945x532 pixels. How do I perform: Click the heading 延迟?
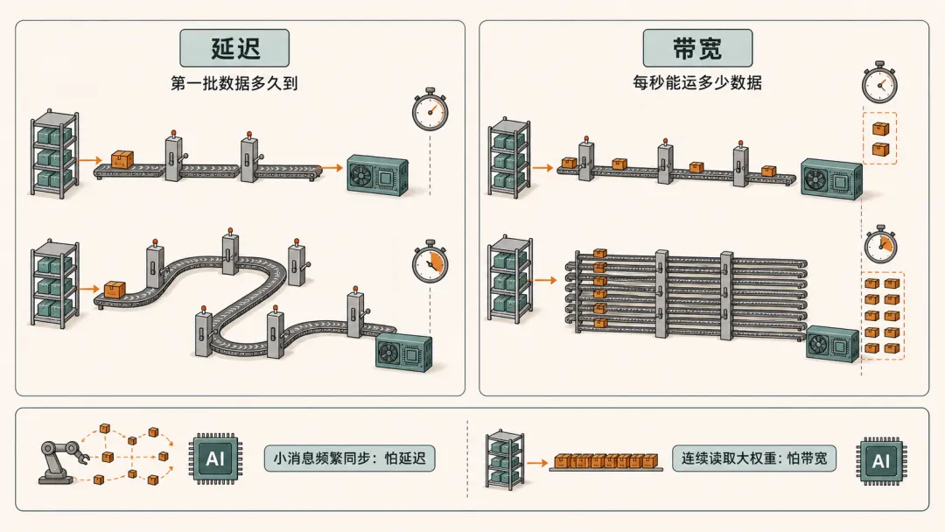[x=235, y=48]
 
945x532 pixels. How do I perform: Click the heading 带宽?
[x=697, y=48]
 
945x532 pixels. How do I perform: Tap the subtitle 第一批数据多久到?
[x=234, y=83]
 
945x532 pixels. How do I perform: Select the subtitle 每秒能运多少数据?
[x=697, y=82]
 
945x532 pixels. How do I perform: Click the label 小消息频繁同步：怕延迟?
[x=349, y=458]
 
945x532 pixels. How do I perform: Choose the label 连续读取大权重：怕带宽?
[x=754, y=458]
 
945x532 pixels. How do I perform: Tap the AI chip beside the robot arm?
[x=215, y=458]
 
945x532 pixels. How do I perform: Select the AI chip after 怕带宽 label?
[x=881, y=461]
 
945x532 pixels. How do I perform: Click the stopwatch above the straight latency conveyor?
[x=430, y=110]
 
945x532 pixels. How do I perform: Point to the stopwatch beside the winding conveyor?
[x=430, y=262]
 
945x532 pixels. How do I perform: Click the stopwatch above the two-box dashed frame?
[x=879, y=82]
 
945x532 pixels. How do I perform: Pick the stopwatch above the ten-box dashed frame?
[x=880, y=245]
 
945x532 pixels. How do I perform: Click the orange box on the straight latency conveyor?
[x=122, y=159]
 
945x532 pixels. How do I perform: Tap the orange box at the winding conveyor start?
[x=115, y=290]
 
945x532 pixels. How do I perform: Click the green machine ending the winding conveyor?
[x=403, y=353]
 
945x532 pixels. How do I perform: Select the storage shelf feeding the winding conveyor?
[x=55, y=283]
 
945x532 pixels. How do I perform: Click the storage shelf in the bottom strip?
[x=505, y=459]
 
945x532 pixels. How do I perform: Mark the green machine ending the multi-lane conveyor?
[x=832, y=343]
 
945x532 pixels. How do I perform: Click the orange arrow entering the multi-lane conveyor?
[x=545, y=280]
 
